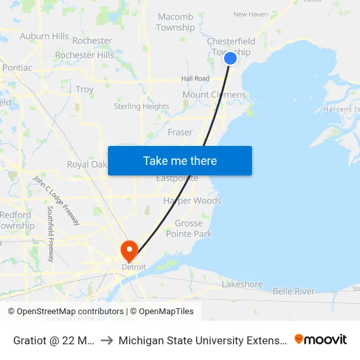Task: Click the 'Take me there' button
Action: tap(180, 160)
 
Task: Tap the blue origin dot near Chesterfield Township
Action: tap(230, 58)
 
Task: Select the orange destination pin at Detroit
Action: tap(130, 250)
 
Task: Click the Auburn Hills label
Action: tap(45, 36)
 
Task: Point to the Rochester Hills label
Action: tap(84, 55)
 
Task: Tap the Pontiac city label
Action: tap(17, 67)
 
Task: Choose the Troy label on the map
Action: tap(84, 89)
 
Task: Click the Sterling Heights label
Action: tap(141, 106)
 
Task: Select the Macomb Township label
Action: tap(175, 22)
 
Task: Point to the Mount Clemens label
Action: tap(214, 95)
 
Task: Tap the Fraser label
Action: tap(180, 132)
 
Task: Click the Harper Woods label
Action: tap(192, 200)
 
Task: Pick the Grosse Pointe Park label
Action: tap(193, 228)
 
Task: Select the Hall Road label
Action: tap(195, 79)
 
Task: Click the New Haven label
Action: tap(251, 14)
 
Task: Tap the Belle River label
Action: tap(293, 291)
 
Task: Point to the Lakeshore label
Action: tap(242, 284)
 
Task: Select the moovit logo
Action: tap(321, 339)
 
